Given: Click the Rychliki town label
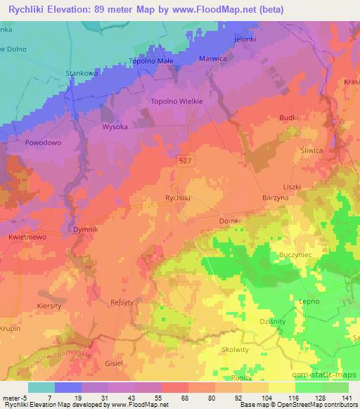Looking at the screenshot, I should pyautogui.click(x=178, y=198).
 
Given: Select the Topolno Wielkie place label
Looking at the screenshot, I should pyautogui.click(x=177, y=101).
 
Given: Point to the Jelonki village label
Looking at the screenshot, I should pyautogui.click(x=245, y=40).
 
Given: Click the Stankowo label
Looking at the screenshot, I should pyautogui.click(x=81, y=72).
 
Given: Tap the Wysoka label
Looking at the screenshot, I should pyautogui.click(x=115, y=127).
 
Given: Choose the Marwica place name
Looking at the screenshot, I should pyautogui.click(x=214, y=59).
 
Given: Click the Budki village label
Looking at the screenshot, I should pyautogui.click(x=289, y=118).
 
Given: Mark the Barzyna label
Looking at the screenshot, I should pyautogui.click(x=275, y=198).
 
